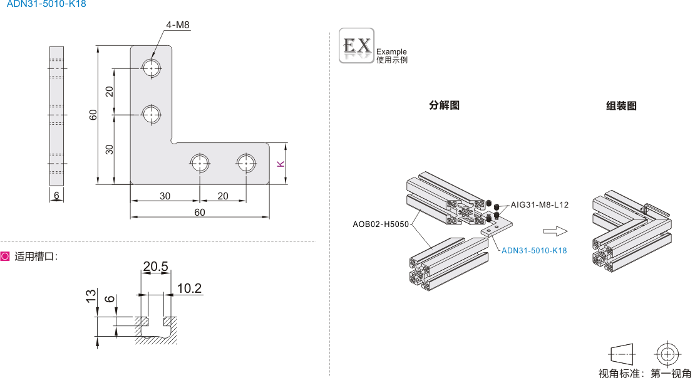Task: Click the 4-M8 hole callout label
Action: coord(177,25)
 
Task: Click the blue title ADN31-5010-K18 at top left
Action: coord(46,4)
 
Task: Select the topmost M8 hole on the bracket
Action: coord(151,67)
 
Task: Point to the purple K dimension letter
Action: coord(281,164)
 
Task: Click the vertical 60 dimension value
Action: coord(93,115)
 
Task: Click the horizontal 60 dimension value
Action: coord(199,213)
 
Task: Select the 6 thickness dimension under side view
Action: coord(56,196)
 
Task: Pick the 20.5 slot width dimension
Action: coord(155,267)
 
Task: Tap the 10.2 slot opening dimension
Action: coord(189,288)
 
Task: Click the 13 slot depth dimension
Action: coord(91,295)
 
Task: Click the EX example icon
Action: coord(356,46)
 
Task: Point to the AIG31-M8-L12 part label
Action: coord(539,205)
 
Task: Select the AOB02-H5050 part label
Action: coord(381,224)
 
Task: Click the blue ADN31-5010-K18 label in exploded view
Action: coord(534,251)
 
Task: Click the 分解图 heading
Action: coord(444,105)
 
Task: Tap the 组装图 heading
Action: coord(621,106)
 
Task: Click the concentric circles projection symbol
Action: coord(667,354)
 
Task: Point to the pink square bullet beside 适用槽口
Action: coord(6,256)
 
